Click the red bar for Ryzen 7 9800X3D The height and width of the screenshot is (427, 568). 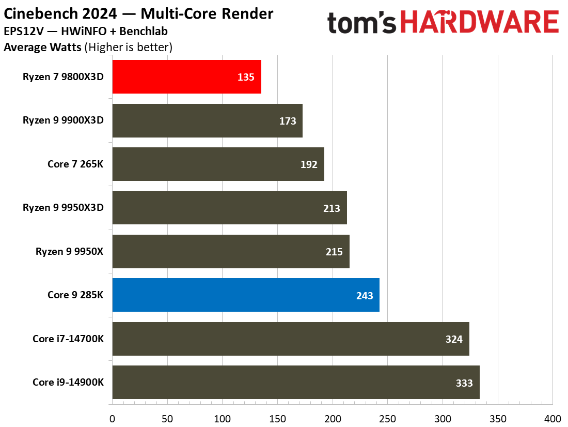[186, 77]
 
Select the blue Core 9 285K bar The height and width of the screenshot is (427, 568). [246, 295]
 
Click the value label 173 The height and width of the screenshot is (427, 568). [288, 121]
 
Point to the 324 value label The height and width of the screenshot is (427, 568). [454, 339]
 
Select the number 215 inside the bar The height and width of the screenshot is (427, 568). [334, 252]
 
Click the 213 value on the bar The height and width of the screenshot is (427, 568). [332, 208]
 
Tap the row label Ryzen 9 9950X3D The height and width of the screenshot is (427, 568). [63, 208]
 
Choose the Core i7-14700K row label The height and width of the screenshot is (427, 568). [68, 339]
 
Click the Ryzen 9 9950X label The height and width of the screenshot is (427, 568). [70, 252]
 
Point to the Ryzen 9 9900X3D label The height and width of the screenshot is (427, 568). [63, 120]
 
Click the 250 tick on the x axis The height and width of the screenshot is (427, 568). [387, 418]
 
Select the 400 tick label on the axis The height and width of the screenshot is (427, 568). [553, 418]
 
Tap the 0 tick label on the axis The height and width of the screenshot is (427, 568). [112, 418]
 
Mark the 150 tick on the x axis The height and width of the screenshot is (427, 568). [277, 418]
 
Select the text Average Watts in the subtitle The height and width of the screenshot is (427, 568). [42, 48]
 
